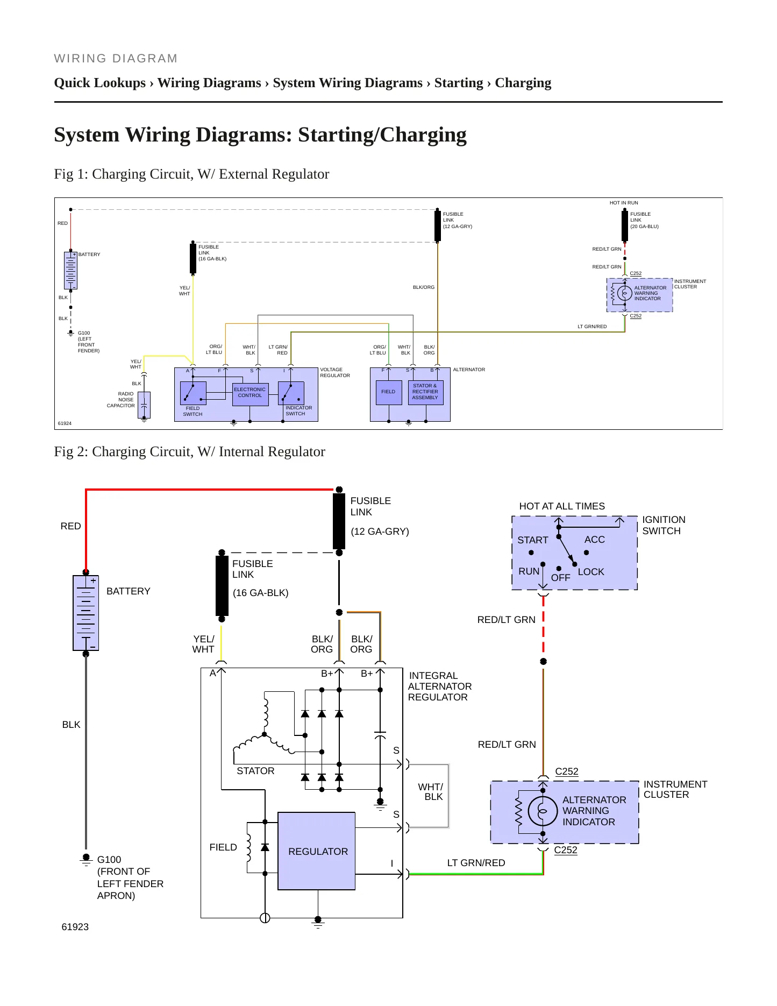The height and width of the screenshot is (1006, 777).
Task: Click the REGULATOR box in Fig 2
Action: click(x=316, y=851)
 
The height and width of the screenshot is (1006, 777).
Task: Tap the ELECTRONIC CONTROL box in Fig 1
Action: click(x=250, y=394)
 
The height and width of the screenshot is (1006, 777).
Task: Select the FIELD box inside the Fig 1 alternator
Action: click(x=388, y=392)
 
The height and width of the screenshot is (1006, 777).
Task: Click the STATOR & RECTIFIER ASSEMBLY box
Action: click(x=425, y=392)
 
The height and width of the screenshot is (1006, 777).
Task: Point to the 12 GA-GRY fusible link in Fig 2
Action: click(x=339, y=521)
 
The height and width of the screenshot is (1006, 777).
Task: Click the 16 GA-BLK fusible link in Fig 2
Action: click(x=222, y=586)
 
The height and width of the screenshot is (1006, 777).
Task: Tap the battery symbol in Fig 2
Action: click(x=85, y=613)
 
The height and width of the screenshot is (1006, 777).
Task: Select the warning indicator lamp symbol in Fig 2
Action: click(x=543, y=811)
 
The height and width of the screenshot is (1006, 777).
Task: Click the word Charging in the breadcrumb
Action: click(x=523, y=83)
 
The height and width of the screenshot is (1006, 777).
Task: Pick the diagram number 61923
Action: click(x=75, y=927)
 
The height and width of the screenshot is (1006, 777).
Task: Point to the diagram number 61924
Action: click(x=65, y=423)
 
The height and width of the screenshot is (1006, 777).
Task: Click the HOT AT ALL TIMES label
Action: click(x=562, y=506)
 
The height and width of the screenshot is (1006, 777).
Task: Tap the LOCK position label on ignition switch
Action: click(x=591, y=572)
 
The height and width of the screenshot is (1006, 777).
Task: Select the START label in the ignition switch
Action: click(x=533, y=540)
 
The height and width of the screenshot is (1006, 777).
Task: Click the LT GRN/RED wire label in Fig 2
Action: click(x=476, y=863)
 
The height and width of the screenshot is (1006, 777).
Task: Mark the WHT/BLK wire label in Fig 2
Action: click(x=431, y=792)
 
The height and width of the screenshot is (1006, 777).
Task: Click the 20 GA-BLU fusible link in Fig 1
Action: click(x=625, y=226)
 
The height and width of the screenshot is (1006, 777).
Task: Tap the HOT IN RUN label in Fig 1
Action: click(x=624, y=203)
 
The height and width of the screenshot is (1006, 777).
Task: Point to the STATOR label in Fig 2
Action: click(x=255, y=771)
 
